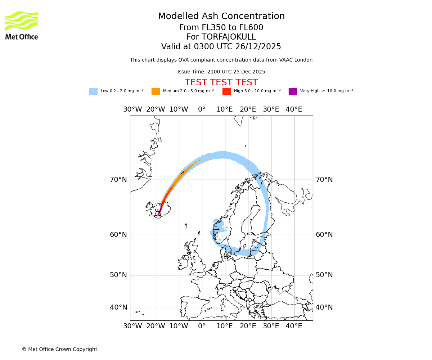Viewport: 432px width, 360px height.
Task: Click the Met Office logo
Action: (22, 25)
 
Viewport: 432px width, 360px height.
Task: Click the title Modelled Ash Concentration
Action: (221, 17)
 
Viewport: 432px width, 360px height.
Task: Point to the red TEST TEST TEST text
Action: (221, 82)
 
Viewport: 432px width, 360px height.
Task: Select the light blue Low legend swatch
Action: (93, 91)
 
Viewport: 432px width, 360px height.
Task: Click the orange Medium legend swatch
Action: (156, 91)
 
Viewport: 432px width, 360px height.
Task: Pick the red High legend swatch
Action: (226, 91)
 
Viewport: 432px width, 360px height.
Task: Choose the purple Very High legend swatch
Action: (293, 91)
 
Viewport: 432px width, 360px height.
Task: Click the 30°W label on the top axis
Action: (132, 109)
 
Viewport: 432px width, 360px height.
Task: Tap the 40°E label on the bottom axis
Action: (294, 326)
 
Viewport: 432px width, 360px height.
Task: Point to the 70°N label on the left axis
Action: (118, 180)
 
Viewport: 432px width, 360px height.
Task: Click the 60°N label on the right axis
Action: (324, 235)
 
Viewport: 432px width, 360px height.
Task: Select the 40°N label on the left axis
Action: (118, 307)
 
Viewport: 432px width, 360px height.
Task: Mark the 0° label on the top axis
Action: (202, 109)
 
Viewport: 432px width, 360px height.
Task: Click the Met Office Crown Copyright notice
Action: (59, 349)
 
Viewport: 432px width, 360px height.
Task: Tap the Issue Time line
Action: (221, 72)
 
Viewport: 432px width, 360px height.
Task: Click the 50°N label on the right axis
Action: (324, 275)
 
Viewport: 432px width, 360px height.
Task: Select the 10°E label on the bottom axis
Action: (225, 326)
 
